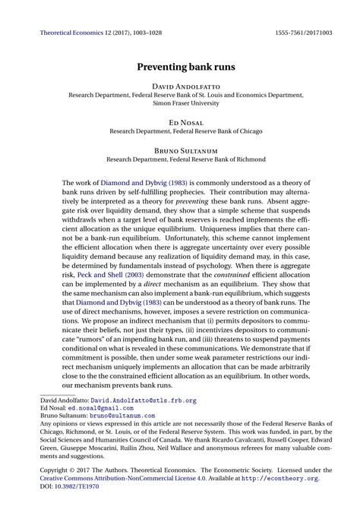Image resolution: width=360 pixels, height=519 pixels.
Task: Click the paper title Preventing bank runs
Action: pyautogui.click(x=180, y=67)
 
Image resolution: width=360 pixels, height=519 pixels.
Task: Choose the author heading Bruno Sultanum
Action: pyautogui.click(x=180, y=149)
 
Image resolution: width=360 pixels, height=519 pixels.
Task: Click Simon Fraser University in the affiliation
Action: pyautogui.click(x=180, y=104)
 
